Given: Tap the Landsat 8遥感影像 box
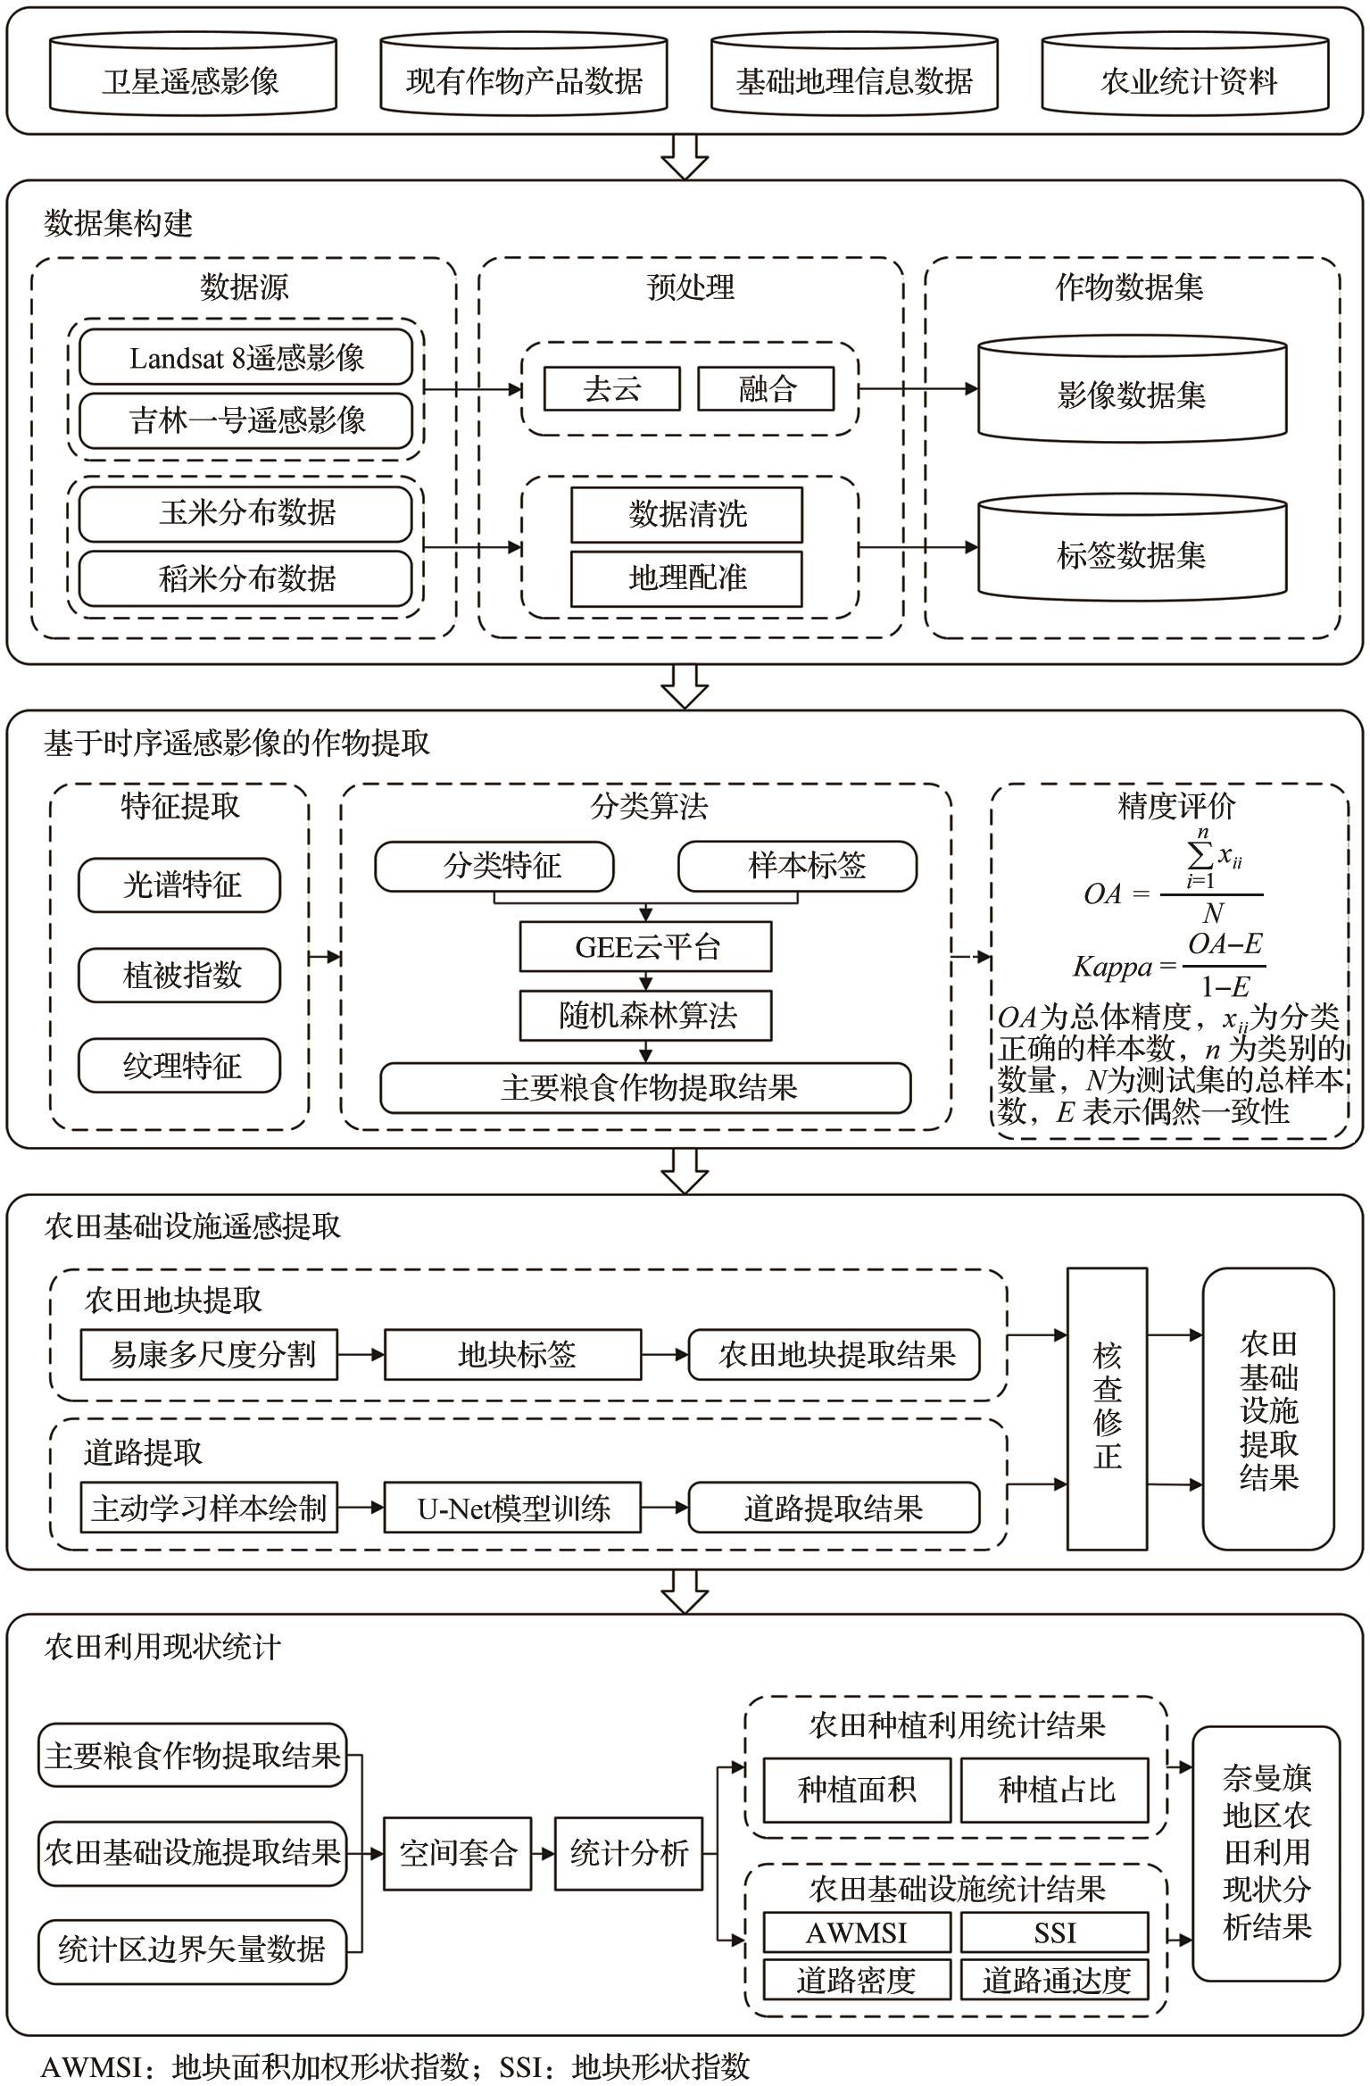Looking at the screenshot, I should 245,358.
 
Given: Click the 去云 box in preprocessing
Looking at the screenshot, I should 611,389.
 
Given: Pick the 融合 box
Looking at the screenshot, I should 766,389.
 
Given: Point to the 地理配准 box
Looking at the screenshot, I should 686,578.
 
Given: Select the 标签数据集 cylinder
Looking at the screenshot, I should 1131,553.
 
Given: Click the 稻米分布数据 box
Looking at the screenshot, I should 245,578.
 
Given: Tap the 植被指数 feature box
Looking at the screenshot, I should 179,975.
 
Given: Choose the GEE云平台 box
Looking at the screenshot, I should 645,946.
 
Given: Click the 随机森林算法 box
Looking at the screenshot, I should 645,1015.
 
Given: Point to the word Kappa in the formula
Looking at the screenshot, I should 1112,967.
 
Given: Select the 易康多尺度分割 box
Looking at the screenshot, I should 209,1355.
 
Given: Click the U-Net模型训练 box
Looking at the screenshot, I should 512,1508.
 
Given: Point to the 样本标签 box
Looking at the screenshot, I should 797,865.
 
